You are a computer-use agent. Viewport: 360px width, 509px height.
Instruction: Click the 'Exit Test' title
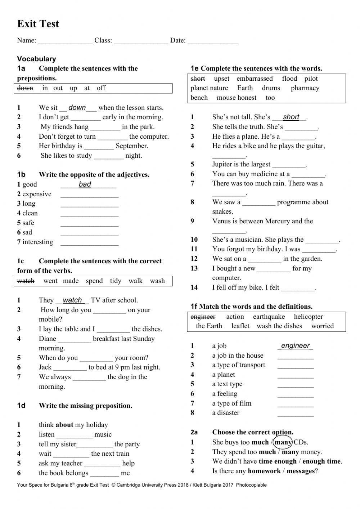point(38,24)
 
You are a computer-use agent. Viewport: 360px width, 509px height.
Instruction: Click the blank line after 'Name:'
point(65,41)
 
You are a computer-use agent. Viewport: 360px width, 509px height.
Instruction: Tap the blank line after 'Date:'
point(213,41)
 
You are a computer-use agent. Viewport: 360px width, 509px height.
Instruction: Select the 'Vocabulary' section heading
point(36,59)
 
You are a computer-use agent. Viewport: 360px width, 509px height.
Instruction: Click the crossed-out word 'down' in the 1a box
point(25,88)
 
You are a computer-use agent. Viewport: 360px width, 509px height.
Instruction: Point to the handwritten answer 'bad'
point(85,184)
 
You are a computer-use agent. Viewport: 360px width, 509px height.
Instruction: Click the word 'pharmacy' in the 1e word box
point(305,88)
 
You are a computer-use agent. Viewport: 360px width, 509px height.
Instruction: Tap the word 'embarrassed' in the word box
point(255,79)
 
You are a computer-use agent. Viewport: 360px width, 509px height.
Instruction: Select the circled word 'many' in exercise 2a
point(283,442)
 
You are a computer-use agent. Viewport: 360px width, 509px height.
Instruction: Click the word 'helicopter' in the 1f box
point(309,317)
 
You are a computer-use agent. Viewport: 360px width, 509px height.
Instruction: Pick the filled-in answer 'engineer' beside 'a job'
point(295,346)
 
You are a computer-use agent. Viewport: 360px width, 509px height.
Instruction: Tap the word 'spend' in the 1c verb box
point(94,281)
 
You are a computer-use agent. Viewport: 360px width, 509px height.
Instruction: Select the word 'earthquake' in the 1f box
point(269,317)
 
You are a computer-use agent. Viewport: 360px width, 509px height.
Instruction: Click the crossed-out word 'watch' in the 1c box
point(26,281)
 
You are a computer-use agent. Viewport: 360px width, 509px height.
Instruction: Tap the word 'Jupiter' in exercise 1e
point(223,164)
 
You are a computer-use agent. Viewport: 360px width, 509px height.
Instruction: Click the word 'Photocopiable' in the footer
point(251,485)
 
